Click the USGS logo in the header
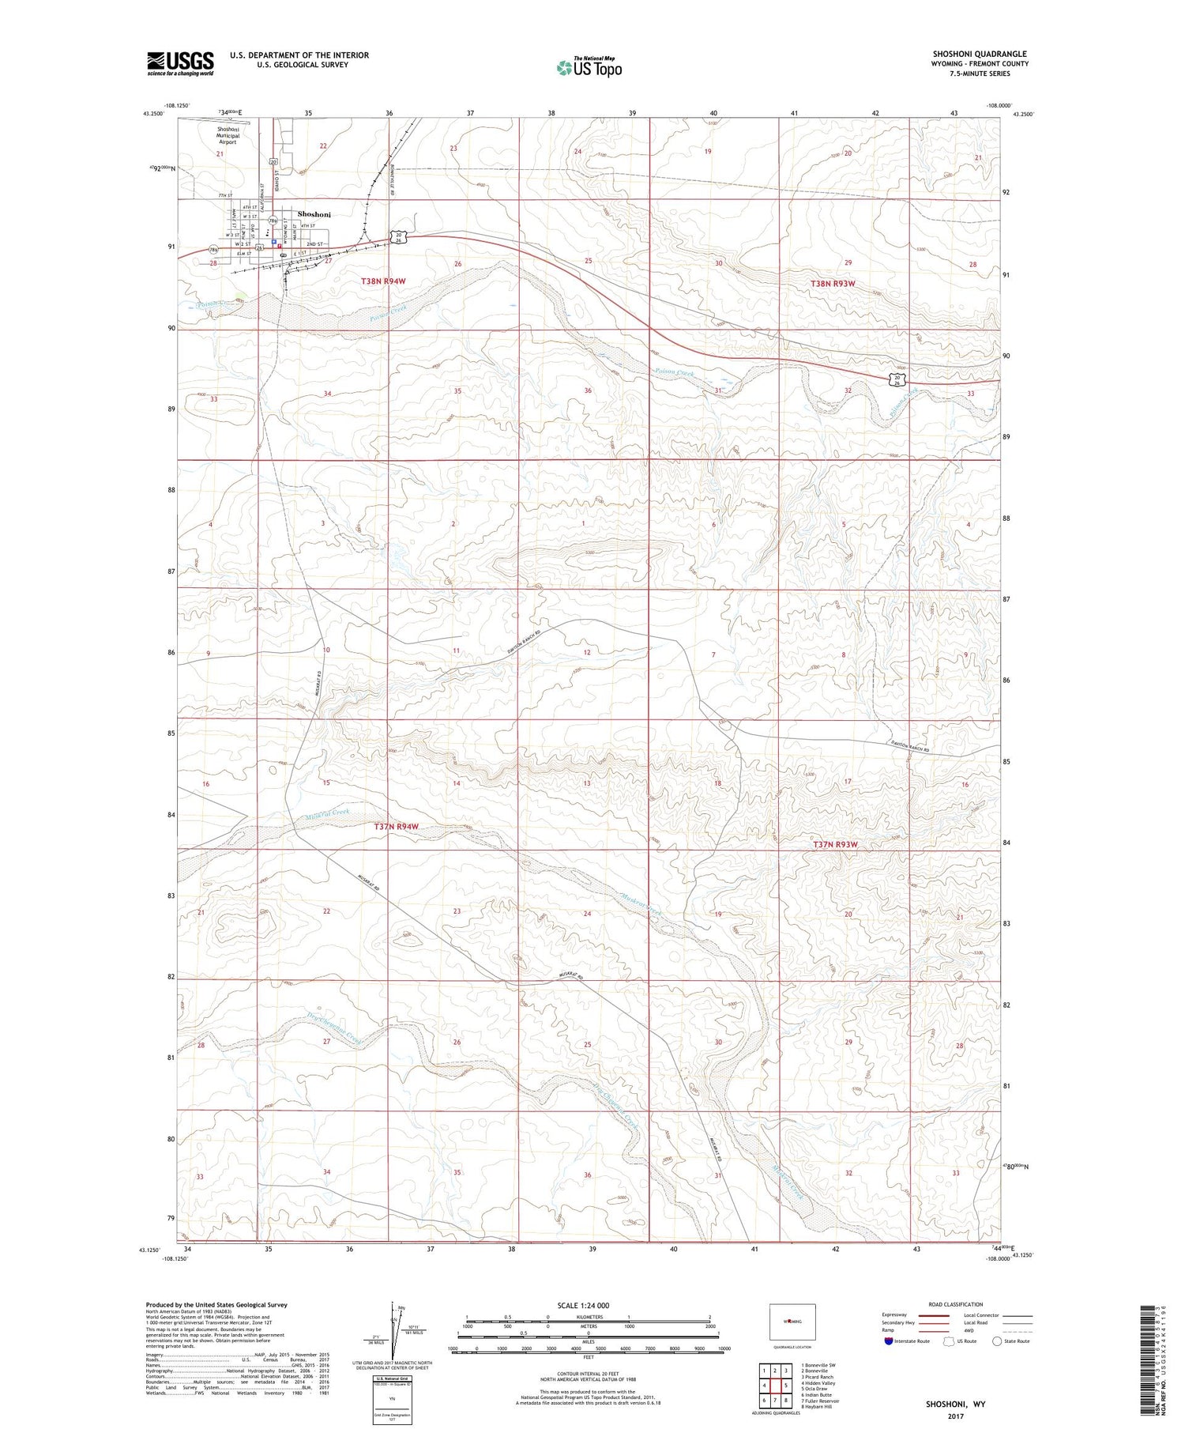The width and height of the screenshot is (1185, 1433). [180, 63]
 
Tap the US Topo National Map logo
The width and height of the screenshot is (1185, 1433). [589, 67]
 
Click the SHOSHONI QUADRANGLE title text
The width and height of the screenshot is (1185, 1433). [980, 54]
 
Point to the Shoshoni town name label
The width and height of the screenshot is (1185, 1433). [314, 214]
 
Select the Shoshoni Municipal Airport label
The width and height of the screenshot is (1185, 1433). [228, 135]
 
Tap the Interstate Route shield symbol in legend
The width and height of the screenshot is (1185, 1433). [889, 1341]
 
